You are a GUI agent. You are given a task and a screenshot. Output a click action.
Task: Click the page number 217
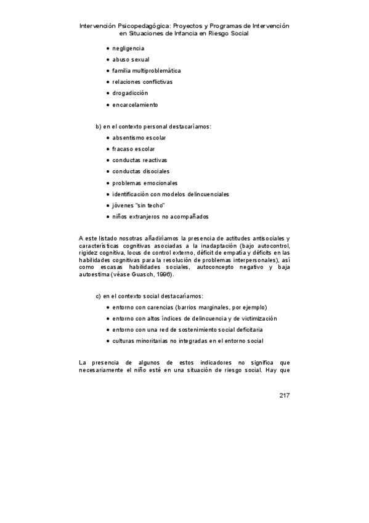[283, 395]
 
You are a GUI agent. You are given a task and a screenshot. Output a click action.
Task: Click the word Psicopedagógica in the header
[153, 27]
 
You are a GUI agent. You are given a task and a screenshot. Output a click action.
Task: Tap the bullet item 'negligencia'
[128, 48]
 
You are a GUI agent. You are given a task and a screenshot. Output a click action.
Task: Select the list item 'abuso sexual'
[131, 59]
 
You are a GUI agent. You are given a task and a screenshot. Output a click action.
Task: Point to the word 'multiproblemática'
[155, 71]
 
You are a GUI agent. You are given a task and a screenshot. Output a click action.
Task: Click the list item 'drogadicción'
[130, 93]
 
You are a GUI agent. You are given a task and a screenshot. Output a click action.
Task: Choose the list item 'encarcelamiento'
[135, 105]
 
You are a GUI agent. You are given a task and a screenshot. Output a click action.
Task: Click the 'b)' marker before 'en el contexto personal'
[99, 126]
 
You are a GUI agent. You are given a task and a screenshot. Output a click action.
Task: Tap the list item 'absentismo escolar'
[139, 138]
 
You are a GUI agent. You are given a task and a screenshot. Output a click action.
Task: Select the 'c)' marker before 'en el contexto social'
[99, 296]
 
